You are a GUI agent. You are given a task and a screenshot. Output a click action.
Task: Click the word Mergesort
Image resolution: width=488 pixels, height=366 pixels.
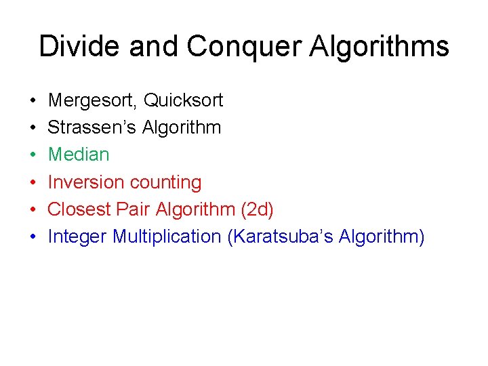point(91,100)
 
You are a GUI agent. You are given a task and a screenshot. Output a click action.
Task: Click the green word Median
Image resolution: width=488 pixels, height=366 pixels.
point(79,155)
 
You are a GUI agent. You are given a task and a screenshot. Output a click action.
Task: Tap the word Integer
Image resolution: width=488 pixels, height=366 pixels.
point(77,237)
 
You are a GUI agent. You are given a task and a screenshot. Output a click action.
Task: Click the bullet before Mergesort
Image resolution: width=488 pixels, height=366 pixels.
point(33,101)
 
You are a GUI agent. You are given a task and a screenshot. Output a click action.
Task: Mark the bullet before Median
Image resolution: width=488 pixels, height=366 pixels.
point(33,155)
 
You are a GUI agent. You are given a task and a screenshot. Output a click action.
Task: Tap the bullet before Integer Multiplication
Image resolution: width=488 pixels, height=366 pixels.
point(33,237)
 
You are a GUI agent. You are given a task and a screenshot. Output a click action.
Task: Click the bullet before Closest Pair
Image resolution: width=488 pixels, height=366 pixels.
point(33,210)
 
